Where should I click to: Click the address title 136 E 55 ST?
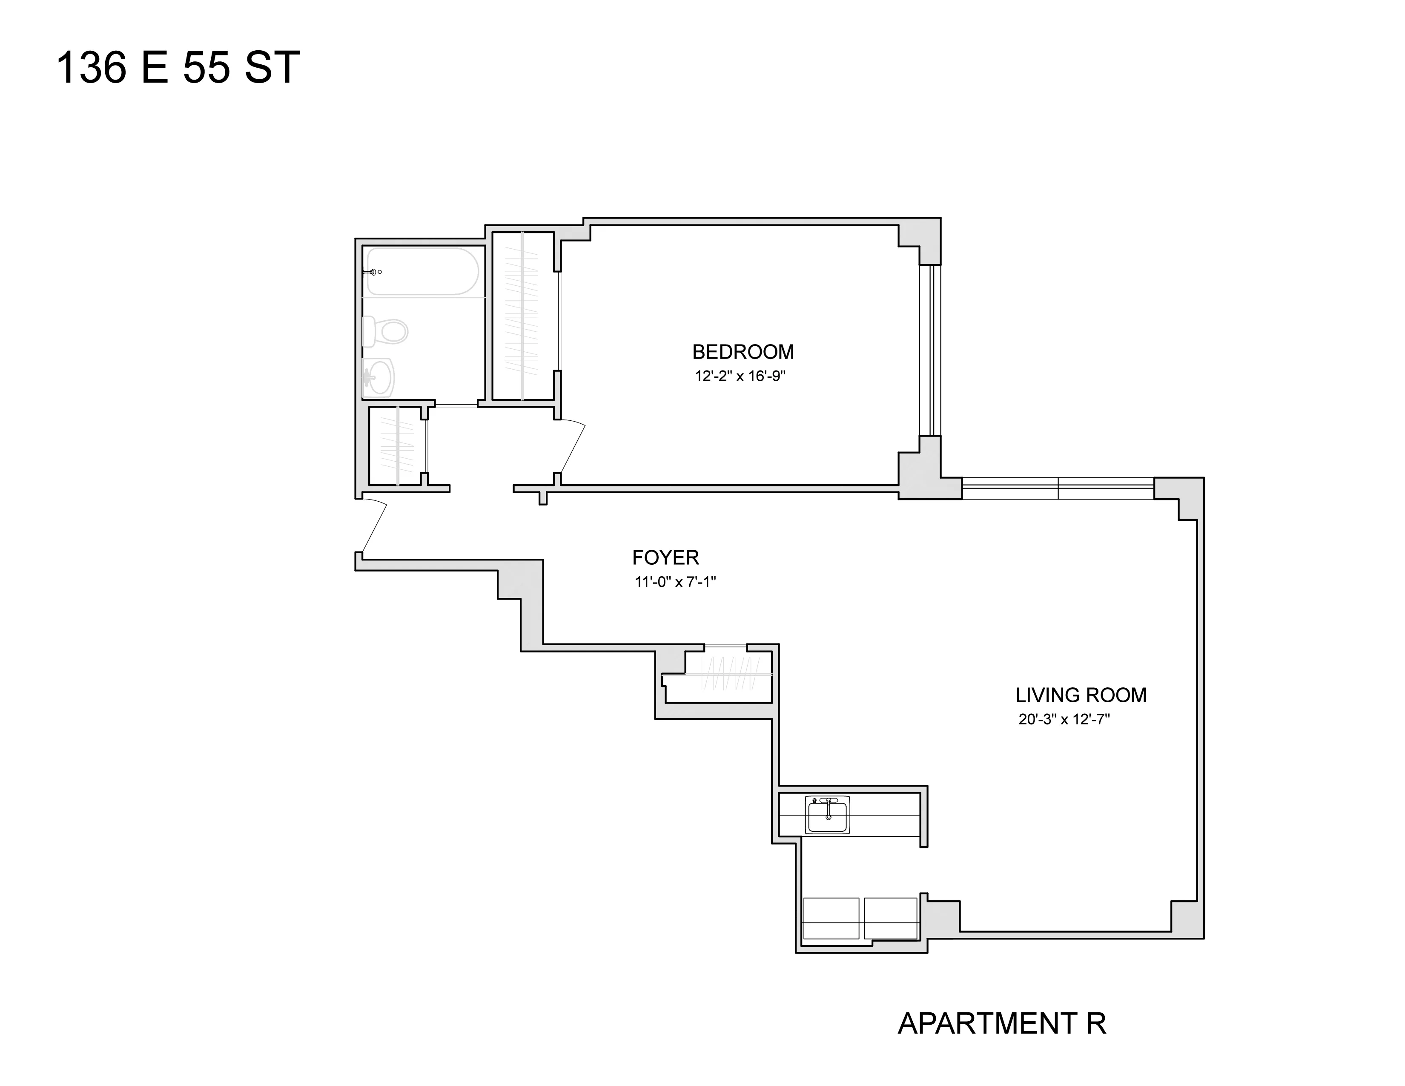tap(178, 68)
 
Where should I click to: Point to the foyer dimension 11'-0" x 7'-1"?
tap(675, 582)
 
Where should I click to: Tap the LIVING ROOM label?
tap(1081, 695)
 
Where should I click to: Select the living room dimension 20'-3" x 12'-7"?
tap(1064, 719)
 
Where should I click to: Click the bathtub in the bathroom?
tap(423, 272)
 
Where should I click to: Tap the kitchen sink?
tap(828, 815)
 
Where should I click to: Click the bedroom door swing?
tap(571, 447)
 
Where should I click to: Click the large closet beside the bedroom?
tap(522, 315)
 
